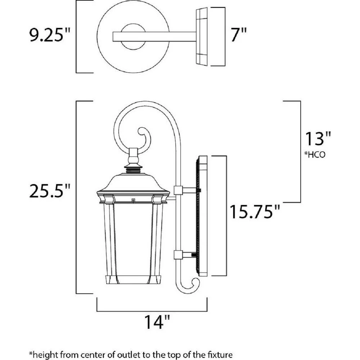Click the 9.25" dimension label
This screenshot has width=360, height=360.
49,35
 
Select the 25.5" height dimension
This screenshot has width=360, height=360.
49,191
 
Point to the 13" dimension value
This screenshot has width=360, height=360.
318,139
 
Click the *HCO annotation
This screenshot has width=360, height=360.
315,155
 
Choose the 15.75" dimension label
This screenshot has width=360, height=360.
255,211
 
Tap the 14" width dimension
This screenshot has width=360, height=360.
157,322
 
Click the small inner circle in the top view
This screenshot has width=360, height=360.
133,37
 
